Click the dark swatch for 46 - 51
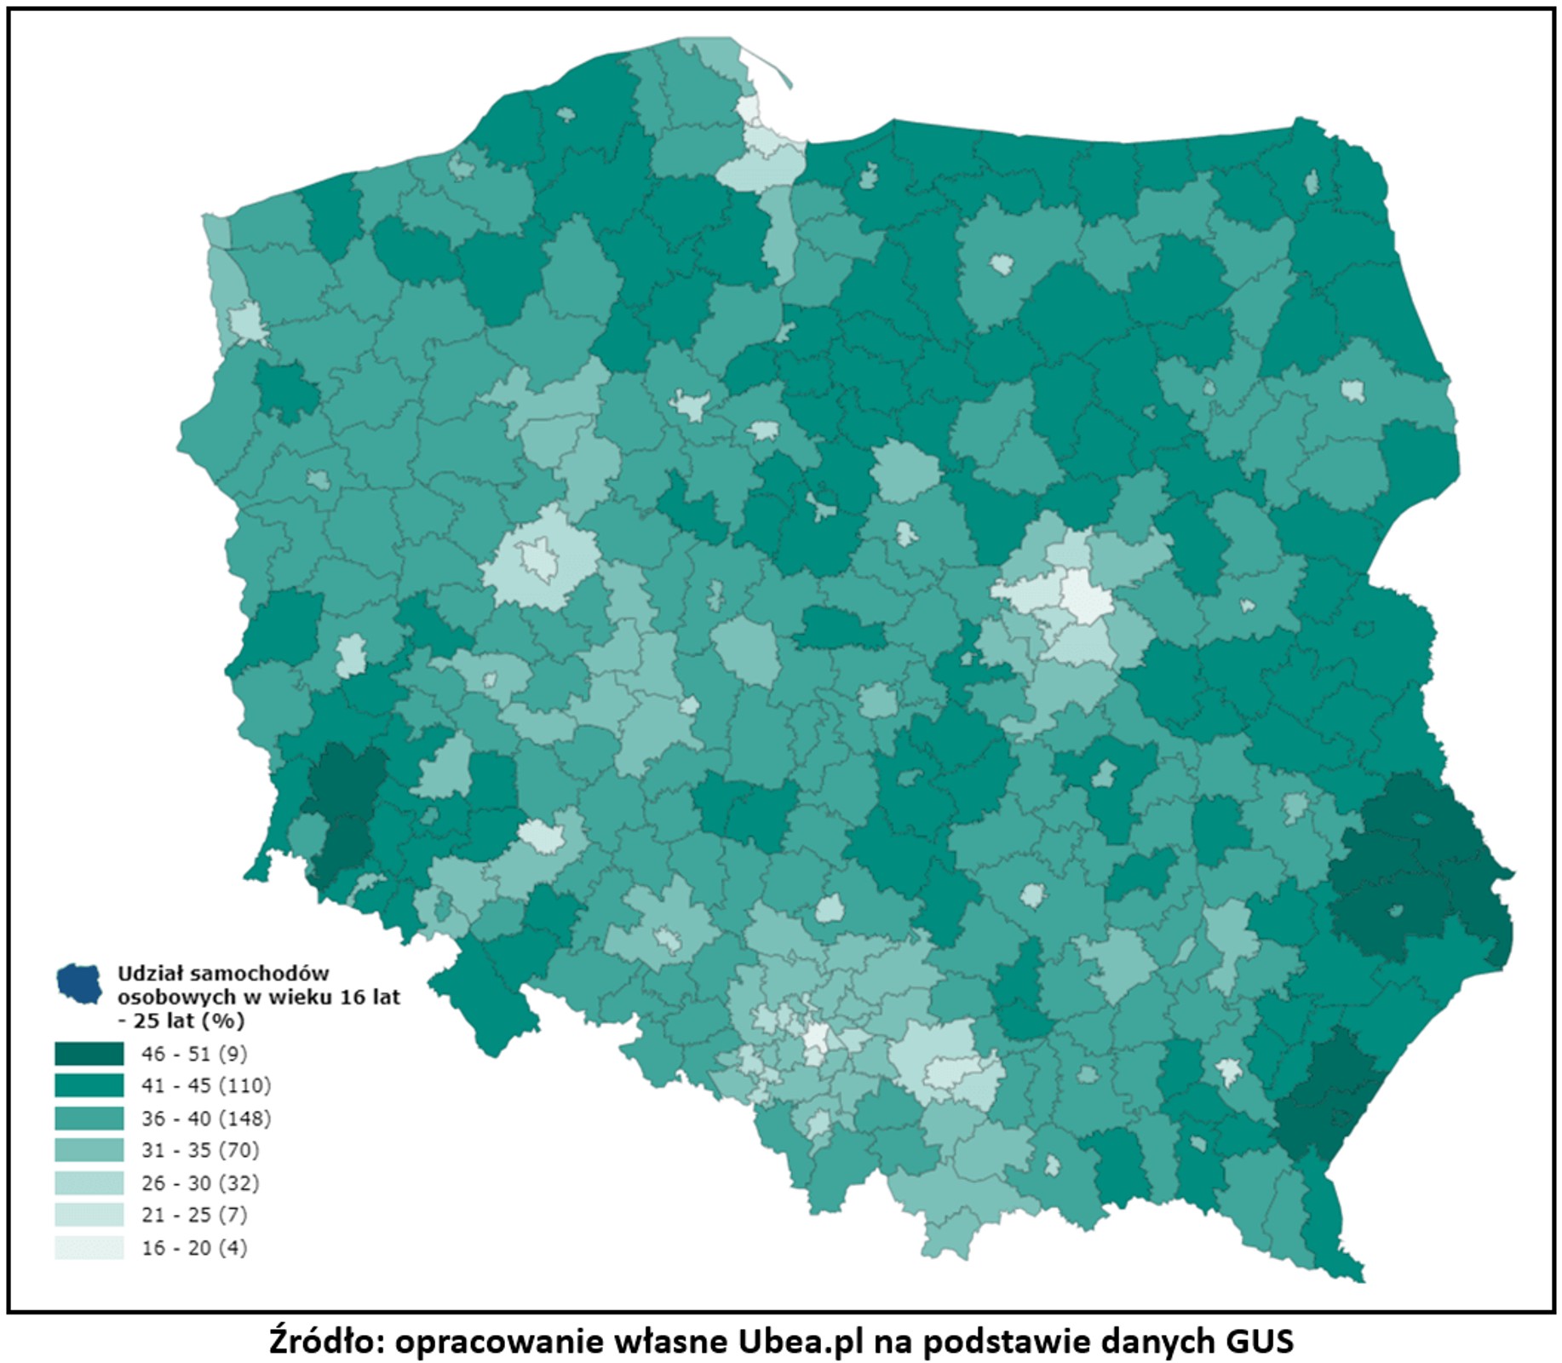[x=89, y=1054]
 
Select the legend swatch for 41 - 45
[x=89, y=1085]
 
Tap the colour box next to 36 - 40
[x=89, y=1118]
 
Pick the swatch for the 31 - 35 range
[x=89, y=1150]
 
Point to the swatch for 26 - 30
[x=89, y=1182]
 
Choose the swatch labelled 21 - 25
[x=89, y=1215]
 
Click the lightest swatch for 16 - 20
[x=89, y=1247]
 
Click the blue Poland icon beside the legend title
[x=79, y=983]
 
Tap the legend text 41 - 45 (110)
[x=206, y=1085]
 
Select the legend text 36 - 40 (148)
[x=206, y=1118]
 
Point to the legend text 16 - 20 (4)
[x=194, y=1247]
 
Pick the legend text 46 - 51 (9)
[x=194, y=1054]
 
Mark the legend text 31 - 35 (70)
[x=200, y=1150]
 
